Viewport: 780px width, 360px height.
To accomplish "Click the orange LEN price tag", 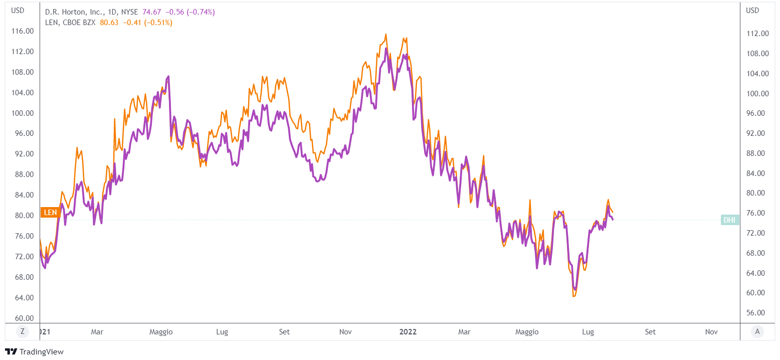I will point(50,212).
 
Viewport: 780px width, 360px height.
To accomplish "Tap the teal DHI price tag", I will point(729,220).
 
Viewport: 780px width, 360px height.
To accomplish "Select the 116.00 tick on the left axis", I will point(23,31).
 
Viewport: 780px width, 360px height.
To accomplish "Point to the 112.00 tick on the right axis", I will point(757,34).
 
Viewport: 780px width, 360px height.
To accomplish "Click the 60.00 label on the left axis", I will point(23,318).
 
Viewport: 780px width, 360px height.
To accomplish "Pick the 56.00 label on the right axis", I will point(757,313).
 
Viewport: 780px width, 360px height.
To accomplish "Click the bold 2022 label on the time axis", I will point(408,332).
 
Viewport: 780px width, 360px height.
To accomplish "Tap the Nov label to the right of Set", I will point(711,332).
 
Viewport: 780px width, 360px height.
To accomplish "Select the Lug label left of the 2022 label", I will point(222,332).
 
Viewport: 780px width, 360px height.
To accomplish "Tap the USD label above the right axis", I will point(752,11).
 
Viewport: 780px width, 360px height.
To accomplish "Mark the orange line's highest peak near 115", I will point(386,34).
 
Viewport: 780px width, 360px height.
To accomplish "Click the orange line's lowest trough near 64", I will point(573,296).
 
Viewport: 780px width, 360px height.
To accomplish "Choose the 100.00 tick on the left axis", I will point(23,113).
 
